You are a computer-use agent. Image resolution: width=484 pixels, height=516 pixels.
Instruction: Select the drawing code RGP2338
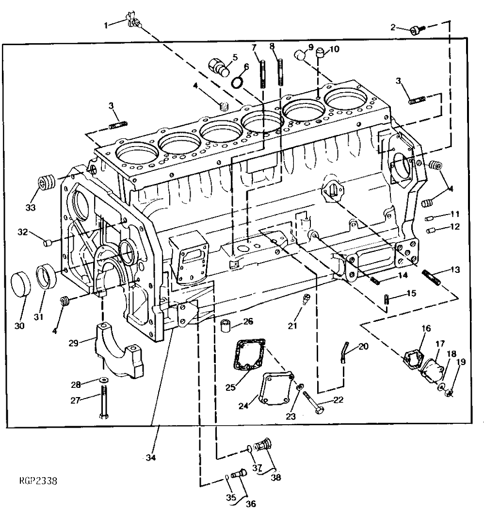38,482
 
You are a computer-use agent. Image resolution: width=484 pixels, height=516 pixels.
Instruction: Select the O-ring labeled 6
237,82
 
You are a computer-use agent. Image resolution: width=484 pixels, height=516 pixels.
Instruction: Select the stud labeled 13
431,278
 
